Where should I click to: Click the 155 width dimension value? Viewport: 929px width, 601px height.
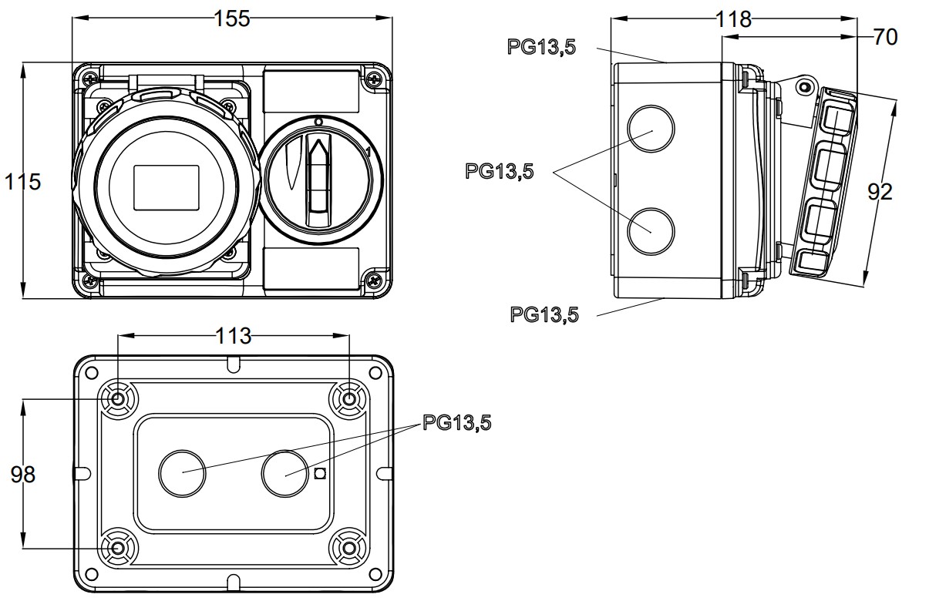coord(232,18)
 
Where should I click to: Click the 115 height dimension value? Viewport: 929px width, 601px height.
coord(22,182)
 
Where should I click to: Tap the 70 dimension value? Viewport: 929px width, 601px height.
coord(886,36)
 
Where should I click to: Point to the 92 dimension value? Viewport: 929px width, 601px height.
coord(880,191)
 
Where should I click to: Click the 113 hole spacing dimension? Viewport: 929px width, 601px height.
coord(234,336)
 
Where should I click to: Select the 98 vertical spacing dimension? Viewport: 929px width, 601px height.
coord(22,475)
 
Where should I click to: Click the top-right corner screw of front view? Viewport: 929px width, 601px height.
coord(375,78)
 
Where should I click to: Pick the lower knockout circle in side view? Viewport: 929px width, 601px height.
coord(651,231)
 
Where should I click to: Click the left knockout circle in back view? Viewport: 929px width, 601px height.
coord(182,473)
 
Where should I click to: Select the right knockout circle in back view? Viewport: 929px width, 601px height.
coord(284,473)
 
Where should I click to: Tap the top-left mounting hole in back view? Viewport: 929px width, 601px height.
coord(118,399)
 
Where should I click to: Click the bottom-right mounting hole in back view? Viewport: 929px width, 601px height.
coord(349,549)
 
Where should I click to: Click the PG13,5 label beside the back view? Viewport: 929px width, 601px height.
coord(456,423)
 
